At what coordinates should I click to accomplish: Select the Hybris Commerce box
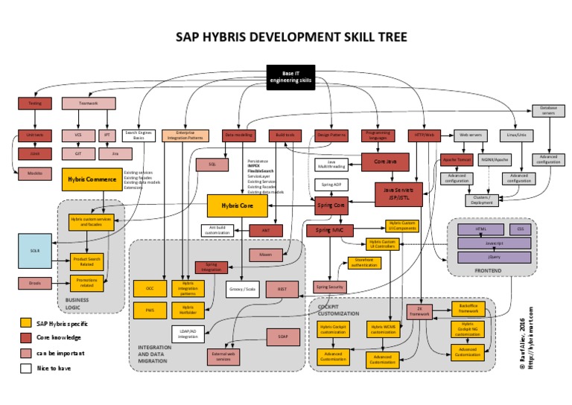tap(91, 179)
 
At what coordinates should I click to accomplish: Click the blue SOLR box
tap(35, 251)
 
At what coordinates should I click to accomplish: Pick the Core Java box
tap(385, 162)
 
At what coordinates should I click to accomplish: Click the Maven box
tap(266, 255)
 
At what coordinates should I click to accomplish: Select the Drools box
tap(34, 283)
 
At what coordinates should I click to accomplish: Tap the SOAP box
tap(282, 337)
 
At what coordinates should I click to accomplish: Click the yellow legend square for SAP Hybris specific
tap(26, 322)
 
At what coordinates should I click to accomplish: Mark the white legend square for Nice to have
tap(26, 367)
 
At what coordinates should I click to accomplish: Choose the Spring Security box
tap(328, 286)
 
